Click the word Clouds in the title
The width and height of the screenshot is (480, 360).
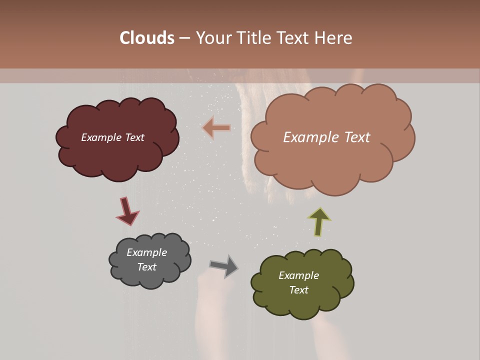point(147,38)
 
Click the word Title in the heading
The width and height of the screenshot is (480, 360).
point(253,38)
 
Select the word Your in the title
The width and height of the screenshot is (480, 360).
point(214,38)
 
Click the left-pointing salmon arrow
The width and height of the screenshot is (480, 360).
point(217,128)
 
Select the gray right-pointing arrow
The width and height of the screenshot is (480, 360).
point(224,266)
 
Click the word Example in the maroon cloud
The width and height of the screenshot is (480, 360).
point(101,137)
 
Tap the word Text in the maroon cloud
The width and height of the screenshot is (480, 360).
point(134,137)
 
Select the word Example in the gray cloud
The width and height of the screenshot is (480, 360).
point(146,252)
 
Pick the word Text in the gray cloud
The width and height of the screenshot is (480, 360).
point(146,267)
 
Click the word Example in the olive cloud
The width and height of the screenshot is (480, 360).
point(298,275)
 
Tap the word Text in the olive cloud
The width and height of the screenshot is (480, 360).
point(298,290)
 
